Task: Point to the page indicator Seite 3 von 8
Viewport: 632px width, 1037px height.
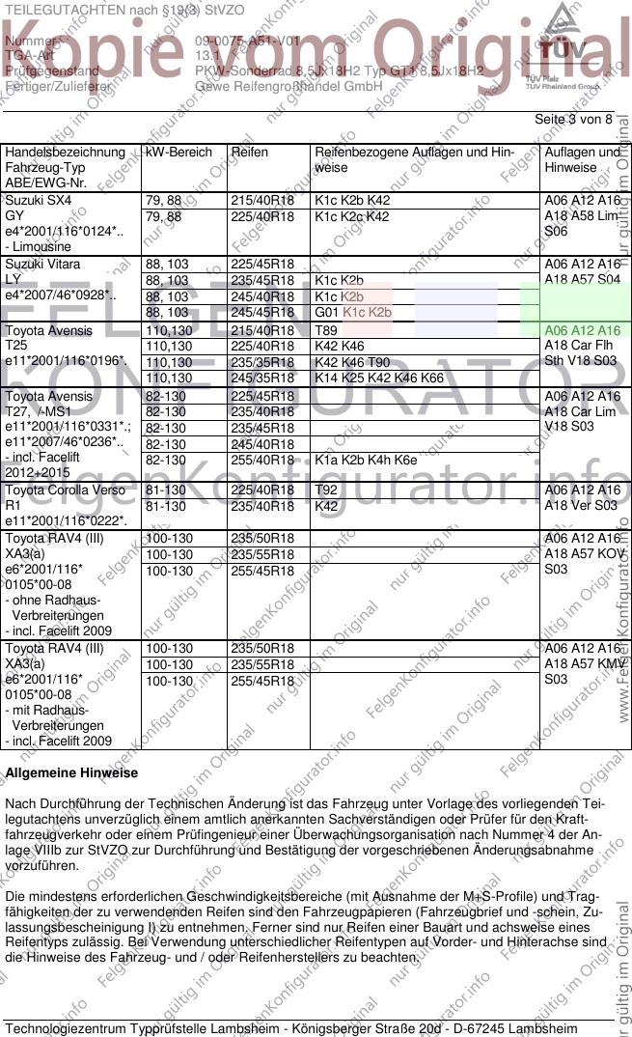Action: (573, 119)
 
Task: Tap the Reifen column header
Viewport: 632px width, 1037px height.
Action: (250, 153)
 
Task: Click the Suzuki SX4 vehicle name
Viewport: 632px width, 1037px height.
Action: (39, 201)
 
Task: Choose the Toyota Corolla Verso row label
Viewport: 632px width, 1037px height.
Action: (66, 490)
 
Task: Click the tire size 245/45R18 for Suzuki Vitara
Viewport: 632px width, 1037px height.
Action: (261, 313)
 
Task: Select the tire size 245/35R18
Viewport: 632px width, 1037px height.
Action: (261, 378)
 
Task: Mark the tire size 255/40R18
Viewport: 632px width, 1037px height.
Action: (261, 461)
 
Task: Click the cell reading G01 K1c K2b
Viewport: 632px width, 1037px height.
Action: (352, 313)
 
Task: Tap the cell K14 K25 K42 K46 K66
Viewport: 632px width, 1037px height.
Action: (379, 378)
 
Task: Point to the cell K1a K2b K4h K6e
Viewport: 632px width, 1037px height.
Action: (366, 461)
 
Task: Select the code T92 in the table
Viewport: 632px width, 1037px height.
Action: (327, 490)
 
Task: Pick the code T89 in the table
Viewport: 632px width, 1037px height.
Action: (327, 330)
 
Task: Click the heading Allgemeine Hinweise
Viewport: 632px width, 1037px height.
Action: (71, 773)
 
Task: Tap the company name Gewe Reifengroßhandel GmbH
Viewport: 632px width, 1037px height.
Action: (275, 86)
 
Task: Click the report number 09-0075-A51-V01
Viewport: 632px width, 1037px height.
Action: (247, 42)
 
